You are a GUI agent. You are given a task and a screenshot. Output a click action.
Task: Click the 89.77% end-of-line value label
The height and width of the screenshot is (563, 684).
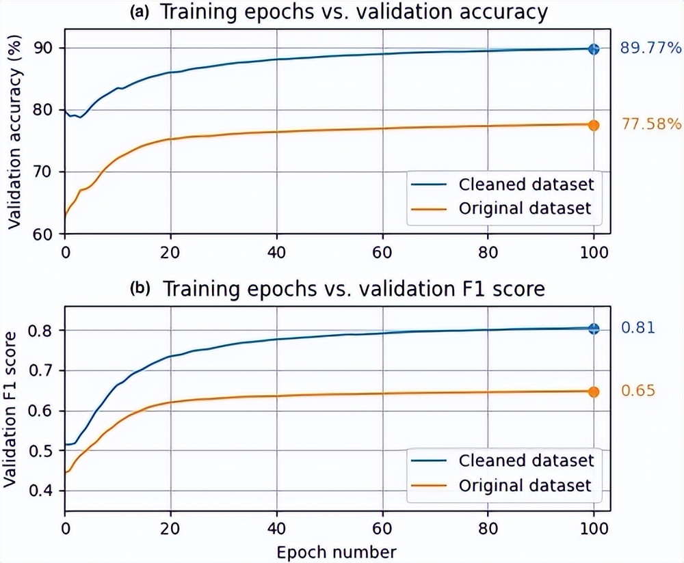[x=650, y=48]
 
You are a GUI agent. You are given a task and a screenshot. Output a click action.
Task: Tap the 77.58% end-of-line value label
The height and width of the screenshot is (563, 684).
[x=650, y=124]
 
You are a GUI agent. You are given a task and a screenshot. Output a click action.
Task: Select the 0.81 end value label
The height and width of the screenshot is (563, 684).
[x=637, y=329]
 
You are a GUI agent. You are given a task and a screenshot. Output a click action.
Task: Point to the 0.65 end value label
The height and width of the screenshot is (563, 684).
[x=637, y=391]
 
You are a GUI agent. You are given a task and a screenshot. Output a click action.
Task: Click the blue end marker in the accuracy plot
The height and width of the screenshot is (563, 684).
[x=593, y=49]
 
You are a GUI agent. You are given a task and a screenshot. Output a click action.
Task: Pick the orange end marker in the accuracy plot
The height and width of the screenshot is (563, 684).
[x=593, y=125]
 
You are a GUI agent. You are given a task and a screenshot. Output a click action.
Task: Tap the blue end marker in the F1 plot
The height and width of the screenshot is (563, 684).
[x=593, y=329]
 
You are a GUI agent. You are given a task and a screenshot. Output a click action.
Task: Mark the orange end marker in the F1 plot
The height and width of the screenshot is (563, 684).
[x=593, y=392]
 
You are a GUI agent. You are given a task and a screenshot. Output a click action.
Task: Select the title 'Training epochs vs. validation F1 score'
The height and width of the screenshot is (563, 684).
[x=353, y=289]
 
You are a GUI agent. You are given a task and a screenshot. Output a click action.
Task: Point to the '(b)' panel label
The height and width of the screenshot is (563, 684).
[x=140, y=289]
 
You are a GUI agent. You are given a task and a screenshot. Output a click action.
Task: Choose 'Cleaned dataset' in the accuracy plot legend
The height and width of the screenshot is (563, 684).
[x=526, y=184]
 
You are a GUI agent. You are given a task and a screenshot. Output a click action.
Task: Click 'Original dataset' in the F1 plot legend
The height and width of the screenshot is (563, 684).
[x=526, y=485]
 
